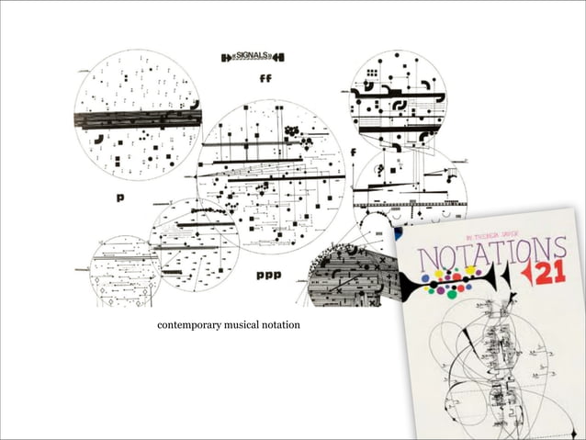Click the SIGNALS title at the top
click(x=253, y=57)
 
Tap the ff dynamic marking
click(x=266, y=79)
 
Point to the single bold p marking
click(x=119, y=197)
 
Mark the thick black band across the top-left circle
click(x=137, y=119)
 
